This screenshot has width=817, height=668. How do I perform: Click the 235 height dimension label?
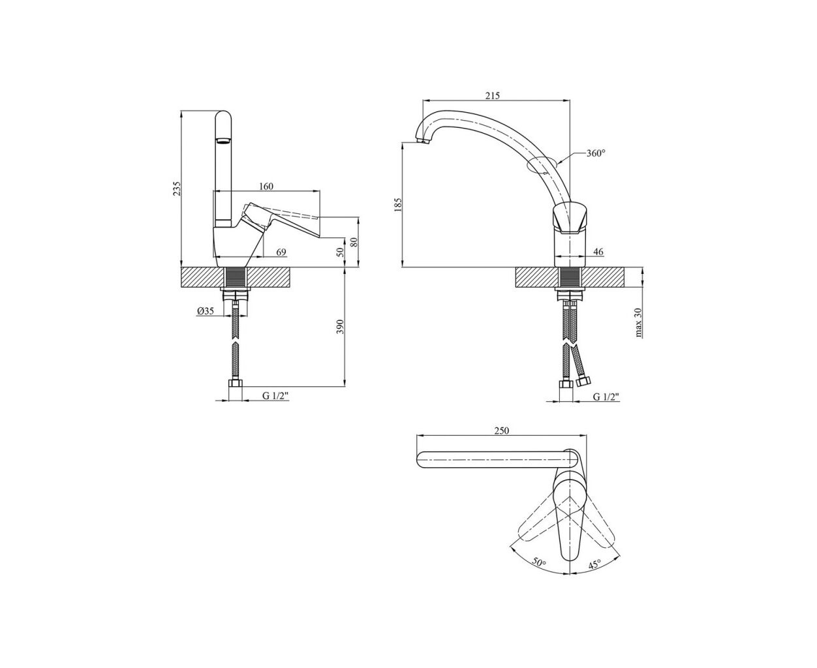[x=177, y=189]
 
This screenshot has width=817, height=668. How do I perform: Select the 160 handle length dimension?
[x=266, y=187]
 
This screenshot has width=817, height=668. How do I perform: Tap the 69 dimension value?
[x=281, y=252]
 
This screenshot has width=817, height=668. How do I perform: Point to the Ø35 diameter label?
[x=206, y=311]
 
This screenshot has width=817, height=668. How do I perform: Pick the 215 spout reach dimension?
[x=493, y=95]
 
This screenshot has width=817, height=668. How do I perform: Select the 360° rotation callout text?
[x=596, y=153]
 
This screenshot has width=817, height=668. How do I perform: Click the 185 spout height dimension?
[x=397, y=204]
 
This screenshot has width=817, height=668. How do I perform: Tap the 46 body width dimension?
[x=598, y=252]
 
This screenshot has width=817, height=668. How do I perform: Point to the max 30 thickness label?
[x=638, y=322]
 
